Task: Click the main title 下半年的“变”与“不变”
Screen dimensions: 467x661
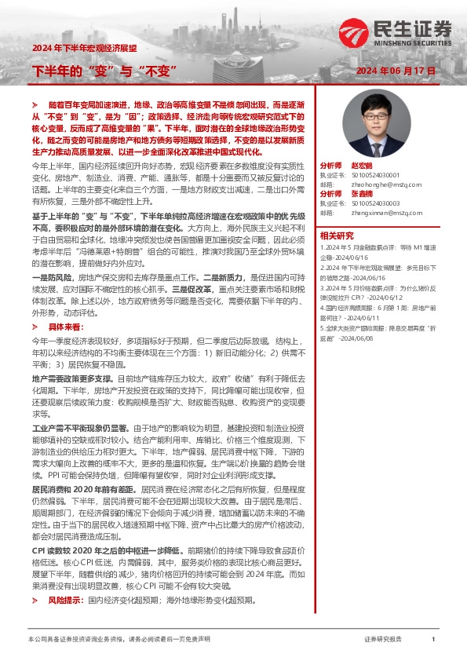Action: pos(102,72)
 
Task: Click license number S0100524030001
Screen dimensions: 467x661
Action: pos(381,176)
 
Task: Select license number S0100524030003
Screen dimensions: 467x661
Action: pos(381,203)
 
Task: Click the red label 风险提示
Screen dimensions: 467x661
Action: pos(64,600)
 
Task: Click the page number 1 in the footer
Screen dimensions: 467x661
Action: pos(433,640)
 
